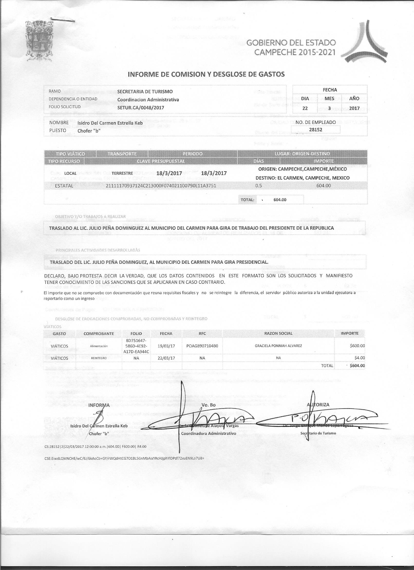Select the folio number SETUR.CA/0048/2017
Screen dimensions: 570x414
point(141,108)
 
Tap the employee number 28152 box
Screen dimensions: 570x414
point(316,130)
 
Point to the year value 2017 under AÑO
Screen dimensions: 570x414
point(354,108)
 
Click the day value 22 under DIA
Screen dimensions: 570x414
point(305,108)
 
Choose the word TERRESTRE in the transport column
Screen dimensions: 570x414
point(122,173)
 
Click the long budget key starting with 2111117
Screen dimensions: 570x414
point(161,186)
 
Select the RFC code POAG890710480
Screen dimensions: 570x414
point(202,346)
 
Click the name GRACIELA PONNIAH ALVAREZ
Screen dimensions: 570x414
point(278,346)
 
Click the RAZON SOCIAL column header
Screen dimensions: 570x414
point(278,334)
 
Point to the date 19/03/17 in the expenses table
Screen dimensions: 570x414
point(166,346)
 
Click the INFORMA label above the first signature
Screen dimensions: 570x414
point(99,405)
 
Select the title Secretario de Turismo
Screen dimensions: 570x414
point(318,433)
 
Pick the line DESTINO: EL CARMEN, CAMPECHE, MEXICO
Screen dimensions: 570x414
point(302,178)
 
